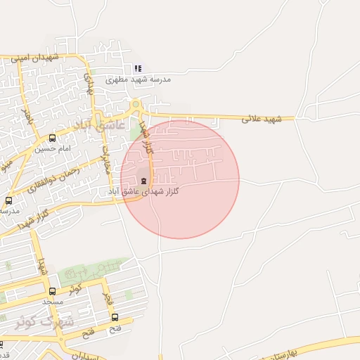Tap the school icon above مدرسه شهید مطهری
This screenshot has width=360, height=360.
pyautogui.click(x=138, y=69)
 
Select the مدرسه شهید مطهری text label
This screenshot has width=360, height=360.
pyautogui.click(x=139, y=80)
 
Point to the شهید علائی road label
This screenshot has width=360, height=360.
pyautogui.click(x=262, y=118)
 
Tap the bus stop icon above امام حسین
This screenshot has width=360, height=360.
pyautogui.click(x=53, y=138)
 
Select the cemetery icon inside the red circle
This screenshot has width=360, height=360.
pyautogui.click(x=145, y=180)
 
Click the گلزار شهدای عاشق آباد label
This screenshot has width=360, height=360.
pyautogui.click(x=143, y=191)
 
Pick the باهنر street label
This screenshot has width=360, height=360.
pyautogui.click(x=27, y=115)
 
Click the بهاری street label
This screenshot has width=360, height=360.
pyautogui.click(x=89, y=84)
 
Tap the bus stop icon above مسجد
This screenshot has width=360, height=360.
pyautogui.click(x=52, y=291)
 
